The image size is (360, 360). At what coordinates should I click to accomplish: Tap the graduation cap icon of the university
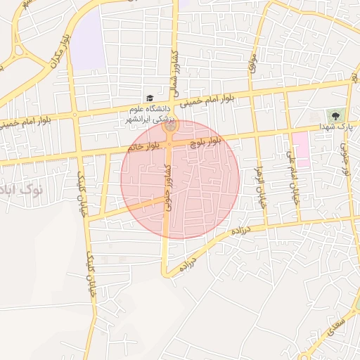[149, 99]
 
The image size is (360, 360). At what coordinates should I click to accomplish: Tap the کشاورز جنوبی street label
[167, 185]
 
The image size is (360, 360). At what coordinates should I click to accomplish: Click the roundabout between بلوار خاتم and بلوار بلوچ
[170, 127]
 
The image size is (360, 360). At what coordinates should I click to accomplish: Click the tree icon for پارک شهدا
[334, 115]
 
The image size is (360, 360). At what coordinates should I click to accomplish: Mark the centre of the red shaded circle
[180, 179]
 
